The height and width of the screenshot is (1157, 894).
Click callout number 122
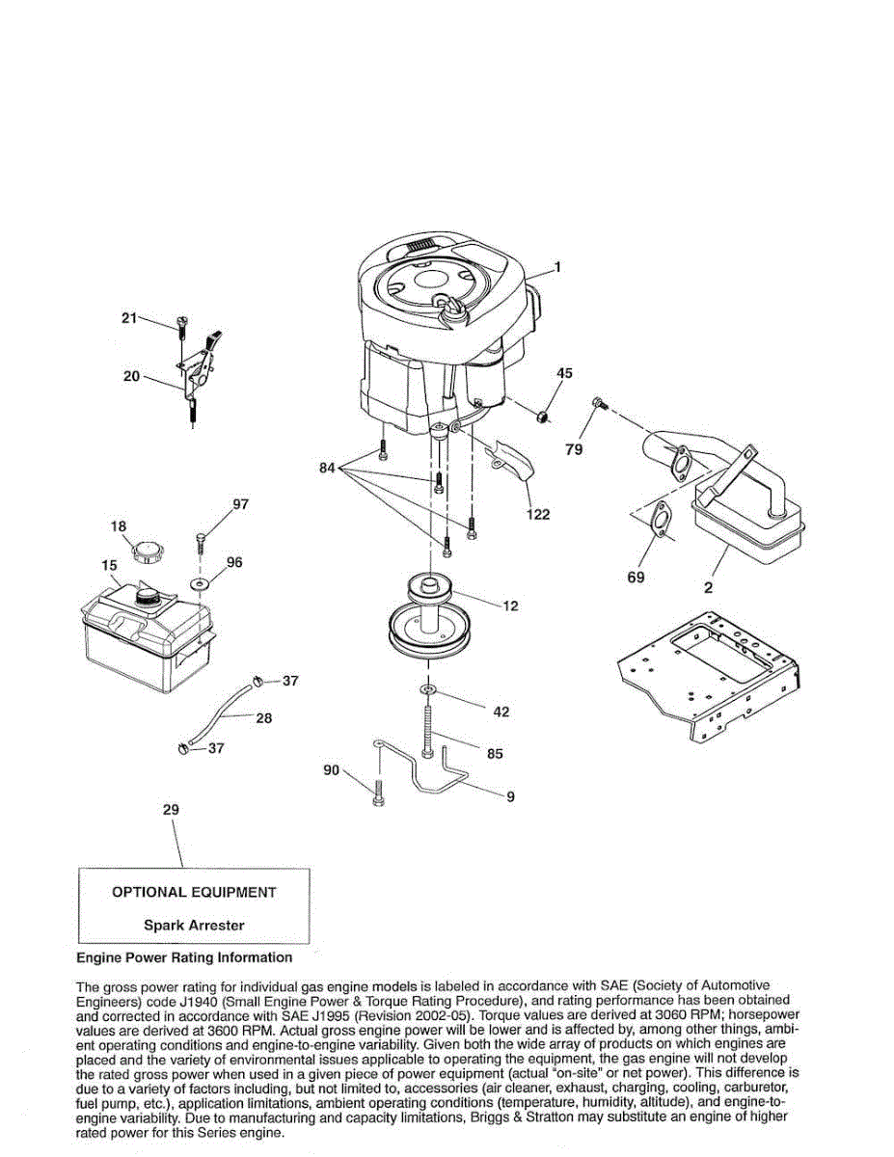tap(537, 514)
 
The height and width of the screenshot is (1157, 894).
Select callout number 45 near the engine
tap(565, 373)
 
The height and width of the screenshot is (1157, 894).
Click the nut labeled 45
tap(544, 416)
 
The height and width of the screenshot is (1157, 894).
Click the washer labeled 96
tap(200, 584)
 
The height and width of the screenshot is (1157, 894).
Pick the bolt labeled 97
tap(201, 540)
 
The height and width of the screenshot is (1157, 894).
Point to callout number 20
tap(131, 376)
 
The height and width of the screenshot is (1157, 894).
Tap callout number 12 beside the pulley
tap(510, 606)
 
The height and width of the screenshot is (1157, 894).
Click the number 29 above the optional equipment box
tap(171, 811)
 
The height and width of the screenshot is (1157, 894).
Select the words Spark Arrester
tap(194, 925)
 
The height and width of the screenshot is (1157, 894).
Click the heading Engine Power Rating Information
tap(183, 957)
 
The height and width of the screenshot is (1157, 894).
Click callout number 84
tap(329, 469)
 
